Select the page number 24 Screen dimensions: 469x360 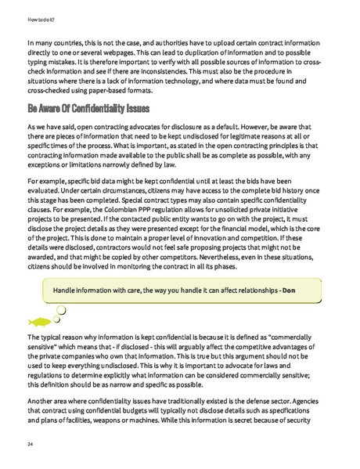[x=30, y=443]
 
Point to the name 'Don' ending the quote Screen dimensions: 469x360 [x=289, y=290]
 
